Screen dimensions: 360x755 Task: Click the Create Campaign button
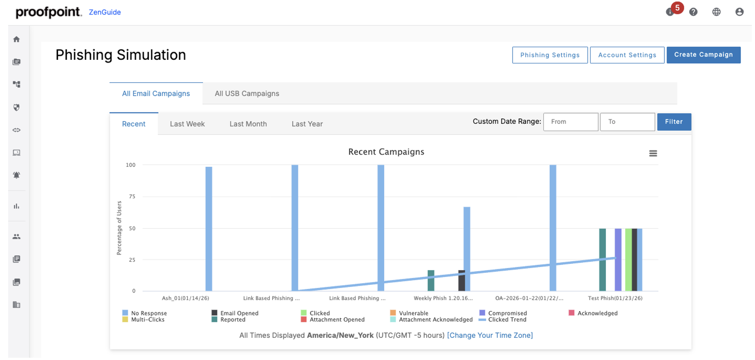pos(703,55)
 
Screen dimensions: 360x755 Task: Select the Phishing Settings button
pos(550,55)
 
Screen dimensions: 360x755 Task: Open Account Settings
pos(627,55)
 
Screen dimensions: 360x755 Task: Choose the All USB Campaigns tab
pos(247,93)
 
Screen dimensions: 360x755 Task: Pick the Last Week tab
pos(187,124)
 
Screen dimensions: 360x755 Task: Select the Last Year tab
pos(307,124)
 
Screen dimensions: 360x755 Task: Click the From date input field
pos(570,122)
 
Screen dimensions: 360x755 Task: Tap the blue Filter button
pos(673,122)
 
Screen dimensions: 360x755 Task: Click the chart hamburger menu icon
pos(653,153)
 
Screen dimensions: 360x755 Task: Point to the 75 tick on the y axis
pos(132,196)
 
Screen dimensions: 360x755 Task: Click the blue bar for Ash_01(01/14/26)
pos(208,229)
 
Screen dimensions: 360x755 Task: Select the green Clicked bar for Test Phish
pos(628,259)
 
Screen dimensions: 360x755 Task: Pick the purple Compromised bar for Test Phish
pos(618,259)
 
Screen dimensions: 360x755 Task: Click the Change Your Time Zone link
pos(489,335)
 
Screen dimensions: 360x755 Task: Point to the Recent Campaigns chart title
pos(386,152)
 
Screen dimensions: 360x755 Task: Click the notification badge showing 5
pos(677,8)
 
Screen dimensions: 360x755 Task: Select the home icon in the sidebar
pos(17,39)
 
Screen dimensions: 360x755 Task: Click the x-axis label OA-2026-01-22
pos(529,298)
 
